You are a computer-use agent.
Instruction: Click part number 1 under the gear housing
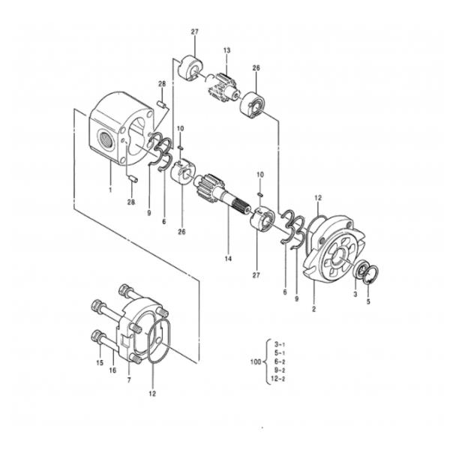pos(109,190)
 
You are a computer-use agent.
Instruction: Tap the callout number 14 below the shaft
pos(229,259)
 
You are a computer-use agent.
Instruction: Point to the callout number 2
pos(313,308)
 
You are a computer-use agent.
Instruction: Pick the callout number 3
pos(355,295)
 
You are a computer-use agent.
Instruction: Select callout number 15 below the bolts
pos(98,364)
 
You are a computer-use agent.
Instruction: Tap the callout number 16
pos(112,370)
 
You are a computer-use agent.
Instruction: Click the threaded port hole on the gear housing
pos(103,137)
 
